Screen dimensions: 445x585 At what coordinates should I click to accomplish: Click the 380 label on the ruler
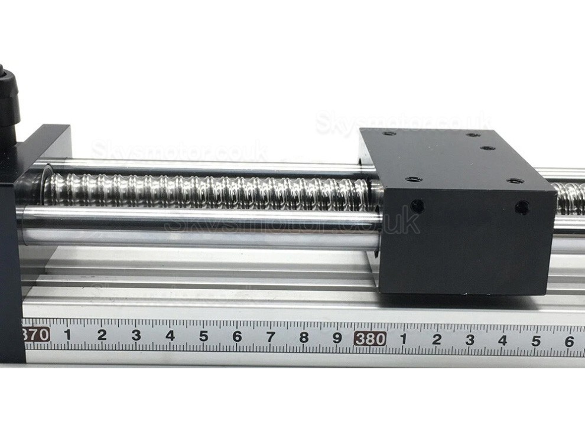click(370, 339)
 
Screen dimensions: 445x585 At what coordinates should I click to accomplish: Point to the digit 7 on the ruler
click(271, 337)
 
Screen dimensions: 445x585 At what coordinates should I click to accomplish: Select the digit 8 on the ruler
click(304, 338)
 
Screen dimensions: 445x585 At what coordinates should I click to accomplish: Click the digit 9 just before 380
click(337, 338)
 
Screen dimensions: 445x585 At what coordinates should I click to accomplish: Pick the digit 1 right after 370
click(67, 335)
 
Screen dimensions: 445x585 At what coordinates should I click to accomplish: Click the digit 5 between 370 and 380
click(203, 336)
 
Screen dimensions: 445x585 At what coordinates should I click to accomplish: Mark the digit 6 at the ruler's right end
click(568, 341)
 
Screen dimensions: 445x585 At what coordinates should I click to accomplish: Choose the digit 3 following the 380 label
click(470, 340)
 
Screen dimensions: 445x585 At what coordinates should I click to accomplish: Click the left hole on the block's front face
click(417, 206)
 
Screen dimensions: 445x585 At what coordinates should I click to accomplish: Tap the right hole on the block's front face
click(521, 207)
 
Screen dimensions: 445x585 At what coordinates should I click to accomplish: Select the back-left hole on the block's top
click(389, 133)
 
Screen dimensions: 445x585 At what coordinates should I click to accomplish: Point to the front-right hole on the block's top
click(515, 181)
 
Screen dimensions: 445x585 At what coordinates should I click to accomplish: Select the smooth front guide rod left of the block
click(201, 227)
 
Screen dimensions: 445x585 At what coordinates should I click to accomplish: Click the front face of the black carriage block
click(467, 242)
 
